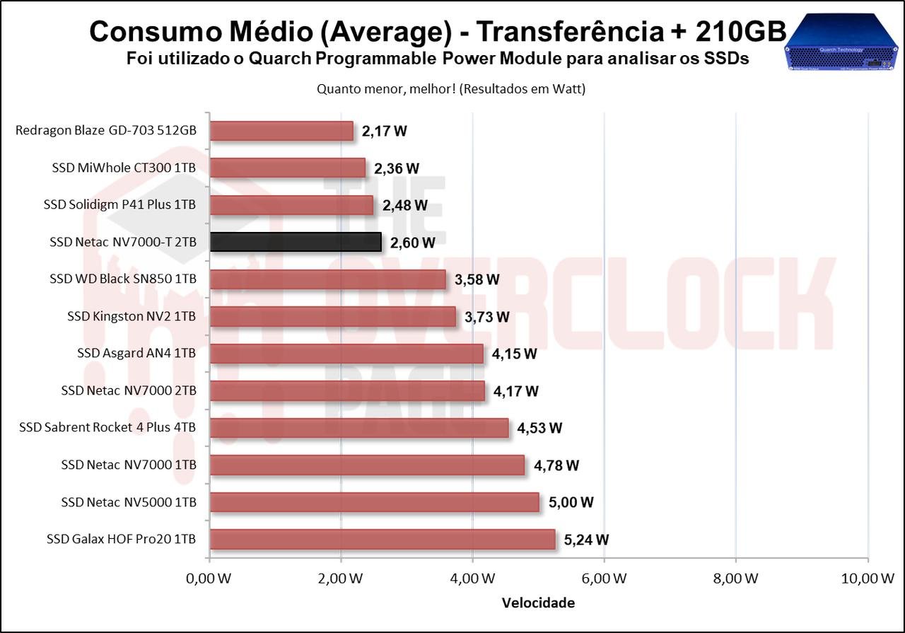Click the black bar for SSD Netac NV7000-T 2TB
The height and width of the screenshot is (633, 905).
coord(296,242)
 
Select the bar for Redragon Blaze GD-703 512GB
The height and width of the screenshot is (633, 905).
coord(281,131)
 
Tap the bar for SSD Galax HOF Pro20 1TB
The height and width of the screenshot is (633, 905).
coord(383,539)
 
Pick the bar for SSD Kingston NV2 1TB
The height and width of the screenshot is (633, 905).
coord(333,316)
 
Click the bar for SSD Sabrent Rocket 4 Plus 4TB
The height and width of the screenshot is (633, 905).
coord(359,428)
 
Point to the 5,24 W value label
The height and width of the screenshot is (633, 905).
coord(586,540)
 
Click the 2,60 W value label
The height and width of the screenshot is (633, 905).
coord(412,243)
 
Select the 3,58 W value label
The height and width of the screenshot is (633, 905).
coord(477,279)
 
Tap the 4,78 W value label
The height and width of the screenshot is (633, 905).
coord(556,465)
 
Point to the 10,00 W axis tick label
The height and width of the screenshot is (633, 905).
coord(868,578)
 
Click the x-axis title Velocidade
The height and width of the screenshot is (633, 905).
coord(538,603)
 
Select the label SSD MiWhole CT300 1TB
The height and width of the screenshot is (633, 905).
coord(124,168)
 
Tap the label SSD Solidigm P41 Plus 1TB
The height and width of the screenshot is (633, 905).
coord(119,205)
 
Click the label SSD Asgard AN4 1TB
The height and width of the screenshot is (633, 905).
coord(136,353)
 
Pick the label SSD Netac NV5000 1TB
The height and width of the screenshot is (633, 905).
coord(128,502)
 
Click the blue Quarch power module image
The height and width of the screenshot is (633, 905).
coord(841,44)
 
